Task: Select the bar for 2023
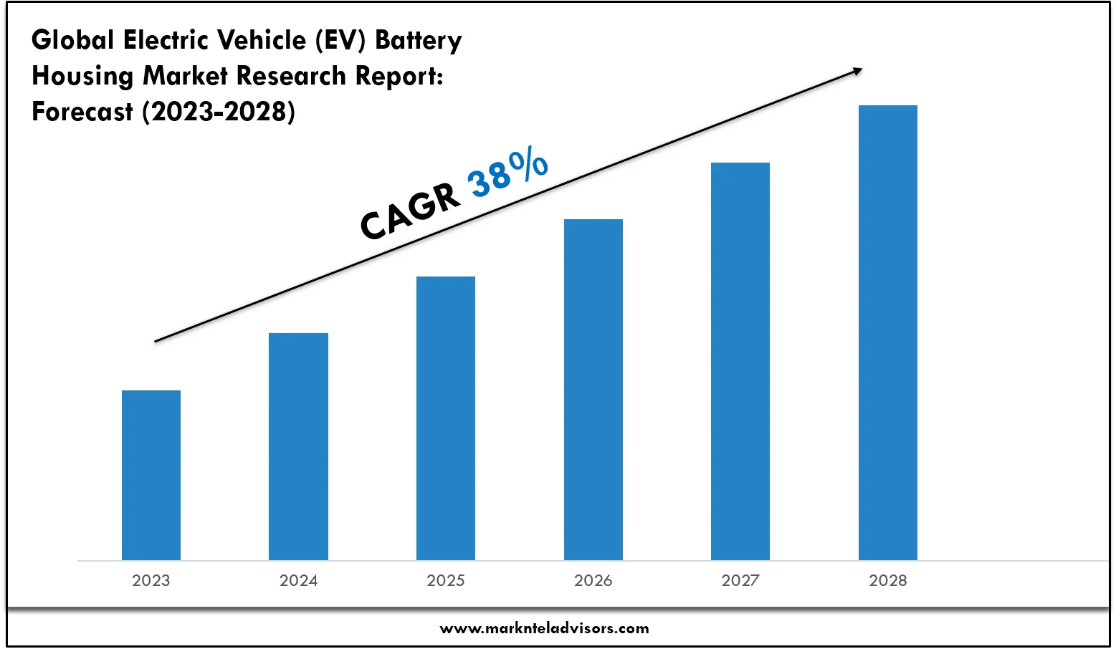coord(151,475)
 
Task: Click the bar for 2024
coord(298,446)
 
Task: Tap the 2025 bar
coord(446,418)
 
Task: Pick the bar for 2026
coord(593,389)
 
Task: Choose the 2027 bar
coord(740,361)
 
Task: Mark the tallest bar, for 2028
coord(888,332)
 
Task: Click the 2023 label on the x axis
coord(151,580)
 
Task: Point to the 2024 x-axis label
coord(298,580)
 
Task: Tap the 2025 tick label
coord(446,580)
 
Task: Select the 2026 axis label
coord(593,580)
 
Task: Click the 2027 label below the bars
coord(740,580)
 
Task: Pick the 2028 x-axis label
coord(888,580)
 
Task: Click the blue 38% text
coord(507,174)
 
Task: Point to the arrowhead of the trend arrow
coord(857,70)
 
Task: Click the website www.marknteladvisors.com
coord(544,628)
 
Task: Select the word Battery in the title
coord(419,40)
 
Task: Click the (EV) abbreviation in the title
coord(341,40)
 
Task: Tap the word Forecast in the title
coord(82,112)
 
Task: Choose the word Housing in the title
coord(82,76)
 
